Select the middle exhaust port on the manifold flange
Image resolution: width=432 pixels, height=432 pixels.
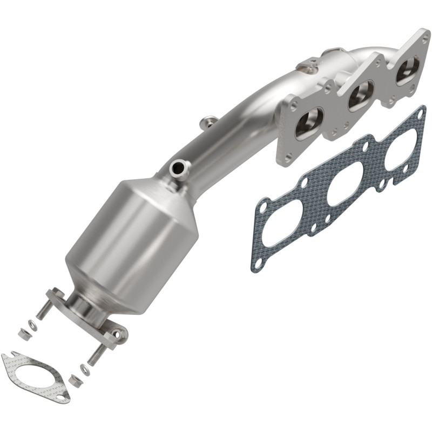pyautogui.click(x=360, y=96)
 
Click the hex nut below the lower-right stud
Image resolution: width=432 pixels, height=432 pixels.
pyautogui.click(x=76, y=381)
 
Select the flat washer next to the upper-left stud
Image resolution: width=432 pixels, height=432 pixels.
pyautogui.click(x=32, y=326)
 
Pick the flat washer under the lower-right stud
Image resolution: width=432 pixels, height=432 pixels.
pyautogui.click(x=85, y=370)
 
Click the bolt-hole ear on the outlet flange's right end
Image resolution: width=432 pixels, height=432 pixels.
pyautogui.click(x=117, y=335)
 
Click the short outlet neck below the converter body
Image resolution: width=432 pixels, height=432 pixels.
pyautogui.click(x=86, y=305)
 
